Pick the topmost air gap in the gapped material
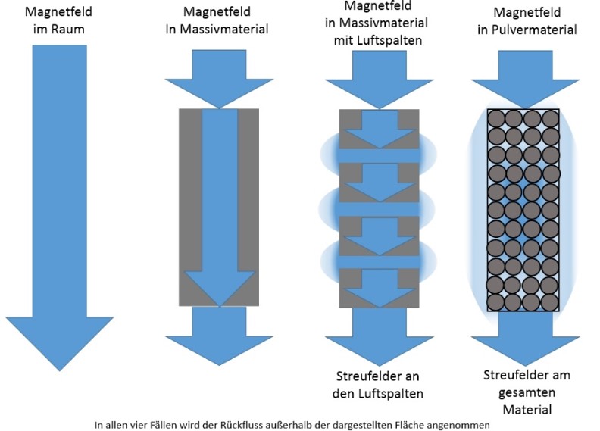click(x=378, y=155)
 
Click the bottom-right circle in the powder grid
click(x=550, y=301)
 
